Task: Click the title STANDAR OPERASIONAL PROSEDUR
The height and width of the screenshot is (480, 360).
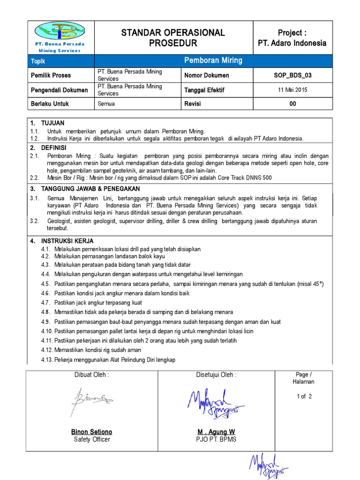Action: [173, 38]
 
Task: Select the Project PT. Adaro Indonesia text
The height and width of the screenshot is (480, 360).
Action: [292, 38]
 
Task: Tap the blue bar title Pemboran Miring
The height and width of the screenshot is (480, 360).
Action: [213, 60]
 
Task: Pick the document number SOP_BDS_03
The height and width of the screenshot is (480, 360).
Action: [292, 75]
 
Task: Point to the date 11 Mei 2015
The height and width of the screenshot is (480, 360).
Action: [292, 90]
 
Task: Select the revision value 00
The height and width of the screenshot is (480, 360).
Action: [292, 104]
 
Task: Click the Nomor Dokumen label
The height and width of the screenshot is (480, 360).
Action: [207, 75]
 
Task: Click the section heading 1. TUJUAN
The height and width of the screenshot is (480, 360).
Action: [47, 123]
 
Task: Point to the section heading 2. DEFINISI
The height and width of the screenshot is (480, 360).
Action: [48, 147]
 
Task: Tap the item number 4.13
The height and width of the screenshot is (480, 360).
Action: [46, 360]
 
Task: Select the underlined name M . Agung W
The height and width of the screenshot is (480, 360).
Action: [216, 432]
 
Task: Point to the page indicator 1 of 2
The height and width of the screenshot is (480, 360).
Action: [304, 396]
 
